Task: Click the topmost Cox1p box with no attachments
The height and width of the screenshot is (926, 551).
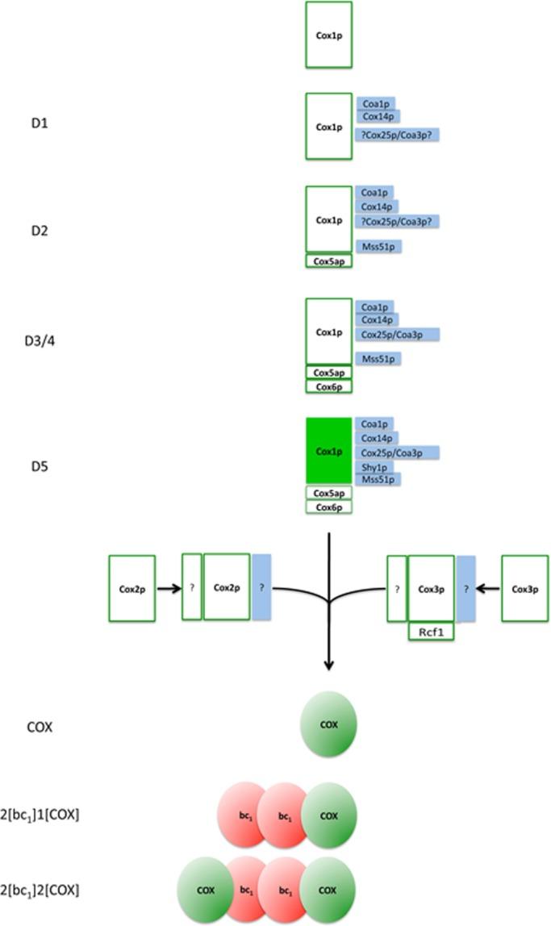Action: tap(328, 35)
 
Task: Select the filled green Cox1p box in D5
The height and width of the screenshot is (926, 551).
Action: tap(328, 451)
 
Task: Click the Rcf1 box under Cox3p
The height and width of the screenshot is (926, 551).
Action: tap(431, 632)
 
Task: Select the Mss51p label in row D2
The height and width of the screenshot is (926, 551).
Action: tap(378, 246)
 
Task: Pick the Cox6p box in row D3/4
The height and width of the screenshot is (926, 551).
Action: tap(328, 386)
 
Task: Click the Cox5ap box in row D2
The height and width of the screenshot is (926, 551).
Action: tap(328, 261)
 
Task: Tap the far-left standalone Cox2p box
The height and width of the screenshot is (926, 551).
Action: tap(131, 588)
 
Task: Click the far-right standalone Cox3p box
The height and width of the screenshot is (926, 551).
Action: tap(524, 588)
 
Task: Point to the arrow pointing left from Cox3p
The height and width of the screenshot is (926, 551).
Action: tap(487, 588)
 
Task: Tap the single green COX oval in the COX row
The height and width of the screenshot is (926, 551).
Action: tap(328, 724)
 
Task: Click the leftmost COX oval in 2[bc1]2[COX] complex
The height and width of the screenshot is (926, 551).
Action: tap(205, 891)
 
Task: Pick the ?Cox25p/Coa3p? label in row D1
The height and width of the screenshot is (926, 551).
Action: tap(397, 135)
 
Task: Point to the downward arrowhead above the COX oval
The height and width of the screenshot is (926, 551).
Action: tap(328, 664)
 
